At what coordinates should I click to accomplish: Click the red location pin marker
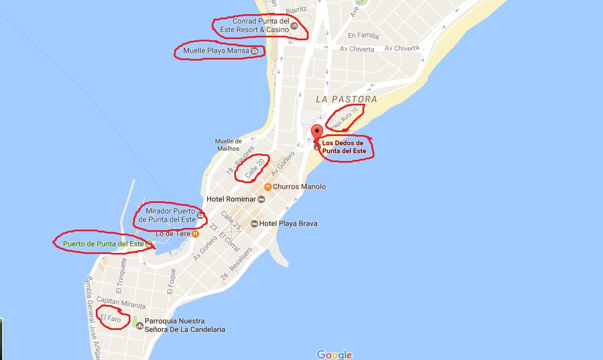coord(318,131)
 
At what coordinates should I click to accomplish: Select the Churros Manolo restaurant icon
coord(268,187)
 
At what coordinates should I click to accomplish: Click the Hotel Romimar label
coord(231,200)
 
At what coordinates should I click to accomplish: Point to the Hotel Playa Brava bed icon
coord(255,223)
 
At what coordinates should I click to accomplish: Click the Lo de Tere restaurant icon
coord(195,233)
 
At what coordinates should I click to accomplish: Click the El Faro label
coord(111,319)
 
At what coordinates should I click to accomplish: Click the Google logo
coord(334,354)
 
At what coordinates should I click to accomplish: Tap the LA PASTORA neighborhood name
coord(346,99)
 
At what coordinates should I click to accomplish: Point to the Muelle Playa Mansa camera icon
coord(254,51)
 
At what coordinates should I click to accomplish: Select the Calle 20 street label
coord(251,168)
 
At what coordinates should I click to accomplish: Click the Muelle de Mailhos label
coord(229,145)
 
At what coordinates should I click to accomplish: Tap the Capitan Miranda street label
coord(121,302)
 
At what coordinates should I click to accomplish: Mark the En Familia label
coord(364,35)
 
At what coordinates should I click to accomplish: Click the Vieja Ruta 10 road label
coord(345,118)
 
